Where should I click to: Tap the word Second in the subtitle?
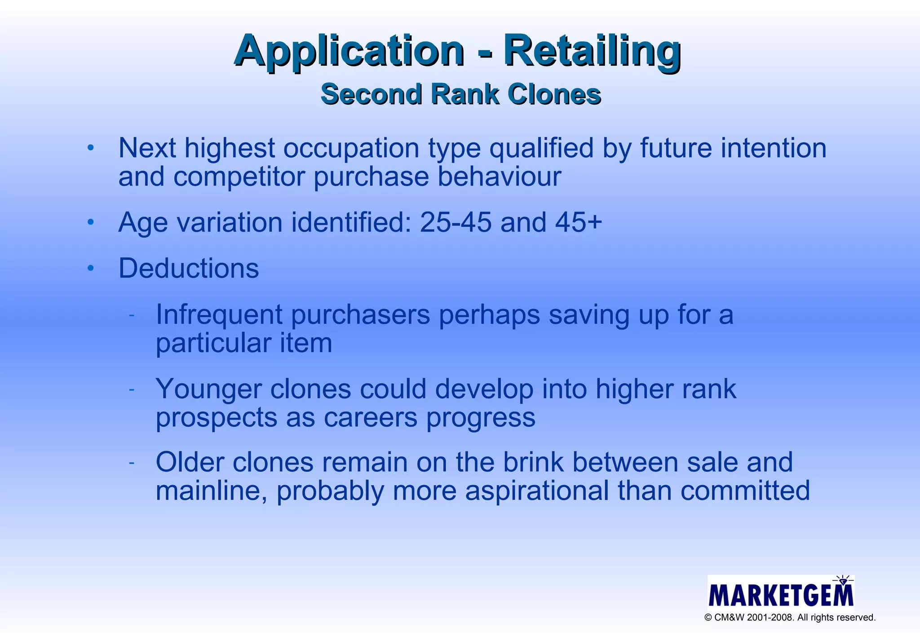click(x=372, y=94)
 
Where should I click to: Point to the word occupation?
click(x=351, y=148)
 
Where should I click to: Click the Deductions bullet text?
click(x=189, y=268)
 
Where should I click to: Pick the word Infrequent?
click(x=219, y=314)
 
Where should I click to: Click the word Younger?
click(x=208, y=389)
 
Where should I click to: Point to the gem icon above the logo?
click(x=843, y=581)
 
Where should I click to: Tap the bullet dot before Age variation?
click(x=91, y=222)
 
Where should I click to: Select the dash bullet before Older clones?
click(x=132, y=463)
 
